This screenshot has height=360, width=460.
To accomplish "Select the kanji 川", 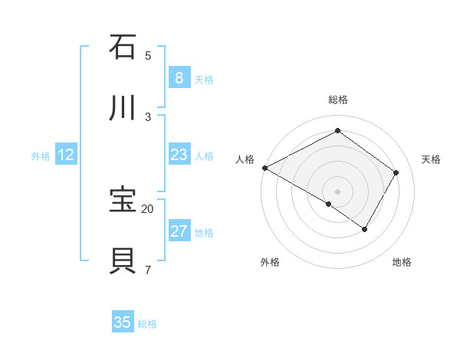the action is pos(123,108).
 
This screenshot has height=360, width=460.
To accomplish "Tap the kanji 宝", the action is pos(123,200).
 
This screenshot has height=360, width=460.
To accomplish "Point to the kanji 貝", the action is pos(123,261).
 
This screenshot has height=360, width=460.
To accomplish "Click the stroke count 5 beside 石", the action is pos(148,55).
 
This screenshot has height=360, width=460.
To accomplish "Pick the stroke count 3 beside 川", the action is pos(148,116).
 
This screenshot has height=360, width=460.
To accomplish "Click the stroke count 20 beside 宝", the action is pos(148,208).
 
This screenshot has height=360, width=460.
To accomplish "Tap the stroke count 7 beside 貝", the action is pos(148,270).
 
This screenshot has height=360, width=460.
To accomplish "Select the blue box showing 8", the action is pos(179,78).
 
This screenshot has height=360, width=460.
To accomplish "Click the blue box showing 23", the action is pos(179,155).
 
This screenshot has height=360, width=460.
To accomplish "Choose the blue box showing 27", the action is pos(179,231).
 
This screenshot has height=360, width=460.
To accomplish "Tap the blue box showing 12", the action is pos(65,155).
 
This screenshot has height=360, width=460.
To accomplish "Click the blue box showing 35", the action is pos(123,322).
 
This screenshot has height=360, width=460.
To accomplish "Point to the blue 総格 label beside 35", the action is pos(147,324).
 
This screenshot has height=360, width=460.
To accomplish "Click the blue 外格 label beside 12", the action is pos(41,156).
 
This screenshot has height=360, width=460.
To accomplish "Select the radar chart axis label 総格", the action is pos(337,100).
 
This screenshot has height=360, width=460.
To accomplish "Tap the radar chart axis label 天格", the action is pos(431,159).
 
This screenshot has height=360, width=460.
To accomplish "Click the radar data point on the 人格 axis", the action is pos(264,168).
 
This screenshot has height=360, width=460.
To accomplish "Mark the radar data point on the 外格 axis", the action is pos(329,204).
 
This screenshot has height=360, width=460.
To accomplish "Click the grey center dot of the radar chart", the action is pos(337,191).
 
